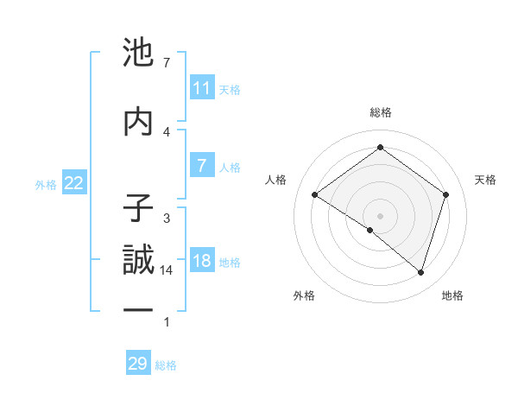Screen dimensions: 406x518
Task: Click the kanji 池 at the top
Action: [139, 54]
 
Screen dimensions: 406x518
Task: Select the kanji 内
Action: [139, 122]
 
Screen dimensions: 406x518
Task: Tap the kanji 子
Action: [139, 210]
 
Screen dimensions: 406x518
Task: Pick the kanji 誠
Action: [139, 260]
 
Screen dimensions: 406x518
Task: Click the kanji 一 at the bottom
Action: [139, 309]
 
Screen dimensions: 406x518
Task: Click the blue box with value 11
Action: [202, 88]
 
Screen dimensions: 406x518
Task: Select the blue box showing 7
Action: [202, 166]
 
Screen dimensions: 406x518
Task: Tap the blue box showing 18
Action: [202, 262]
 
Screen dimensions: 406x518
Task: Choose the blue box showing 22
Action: [74, 183]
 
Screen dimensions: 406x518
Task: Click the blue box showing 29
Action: [138, 364]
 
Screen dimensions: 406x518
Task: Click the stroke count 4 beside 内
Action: [167, 131]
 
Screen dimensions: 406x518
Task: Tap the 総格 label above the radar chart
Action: [380, 112]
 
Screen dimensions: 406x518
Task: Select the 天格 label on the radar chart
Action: [485, 180]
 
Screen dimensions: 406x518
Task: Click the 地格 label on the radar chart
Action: [452, 296]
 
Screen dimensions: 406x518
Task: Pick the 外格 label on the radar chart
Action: [305, 296]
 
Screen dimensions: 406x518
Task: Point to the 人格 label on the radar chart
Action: [276, 180]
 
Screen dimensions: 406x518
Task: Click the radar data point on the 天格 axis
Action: [445, 194]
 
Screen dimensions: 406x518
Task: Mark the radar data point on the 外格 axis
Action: [370, 230]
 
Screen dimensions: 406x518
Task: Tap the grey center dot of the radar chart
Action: [380, 215]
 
